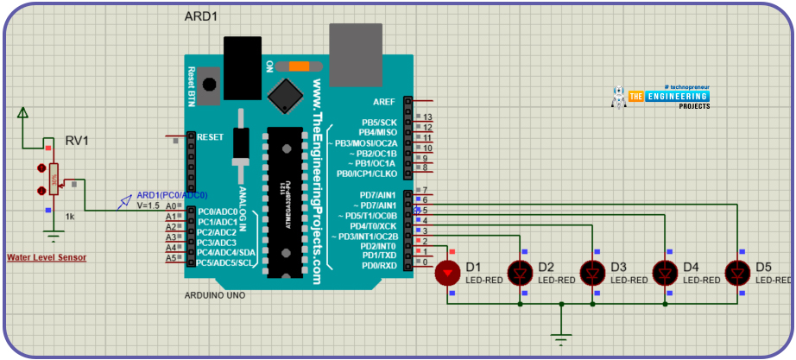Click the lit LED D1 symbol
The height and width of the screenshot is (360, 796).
coord(447,273)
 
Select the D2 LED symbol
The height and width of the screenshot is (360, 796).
coord(520,273)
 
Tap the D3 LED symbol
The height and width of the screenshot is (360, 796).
coord(592,273)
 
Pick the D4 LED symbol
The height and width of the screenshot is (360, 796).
coord(665,273)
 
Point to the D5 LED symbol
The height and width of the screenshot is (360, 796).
coord(737,273)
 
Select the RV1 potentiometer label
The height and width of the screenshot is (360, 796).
coord(79,141)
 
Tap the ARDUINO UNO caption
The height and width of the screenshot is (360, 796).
coord(215,295)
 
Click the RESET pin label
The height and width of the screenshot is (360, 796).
coord(210,136)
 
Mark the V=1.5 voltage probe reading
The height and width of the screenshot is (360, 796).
coord(148,205)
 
